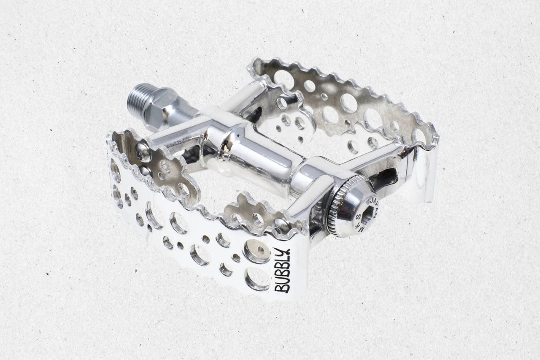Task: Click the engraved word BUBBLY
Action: coord(283,271)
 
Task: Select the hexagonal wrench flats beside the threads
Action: coord(158,109)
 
